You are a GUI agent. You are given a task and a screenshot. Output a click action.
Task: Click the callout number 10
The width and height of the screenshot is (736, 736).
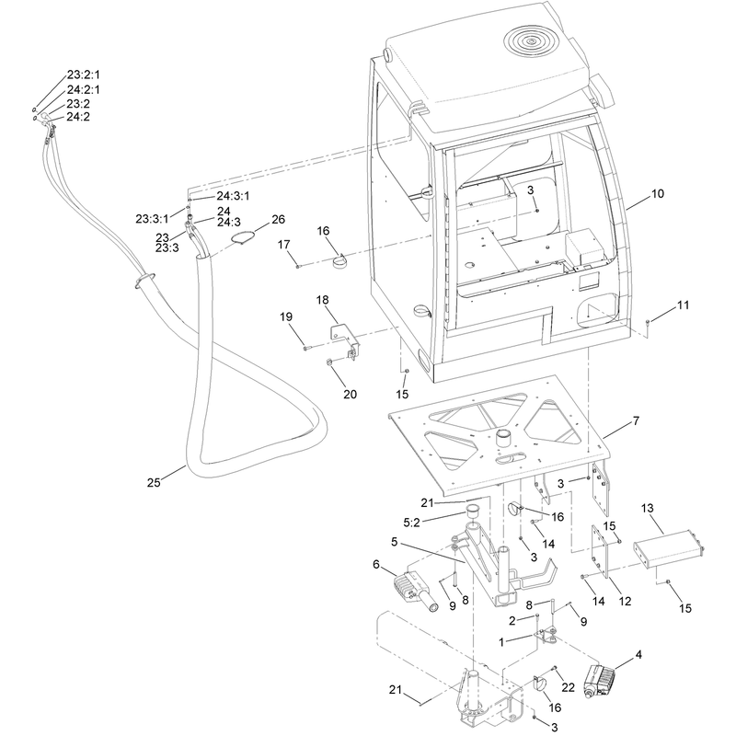pyautogui.click(x=658, y=193)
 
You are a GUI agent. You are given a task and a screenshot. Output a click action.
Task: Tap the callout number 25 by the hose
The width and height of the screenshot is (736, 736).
pyautogui.click(x=154, y=482)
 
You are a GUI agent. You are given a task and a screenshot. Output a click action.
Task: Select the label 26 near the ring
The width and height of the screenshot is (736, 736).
pyautogui.click(x=279, y=219)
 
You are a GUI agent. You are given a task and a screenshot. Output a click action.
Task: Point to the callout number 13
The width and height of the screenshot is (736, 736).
pyautogui.click(x=648, y=509)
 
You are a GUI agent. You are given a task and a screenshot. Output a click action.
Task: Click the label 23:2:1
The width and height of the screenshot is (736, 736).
pyautogui.click(x=83, y=75)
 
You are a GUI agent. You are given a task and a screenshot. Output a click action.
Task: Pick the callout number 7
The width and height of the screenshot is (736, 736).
pyautogui.click(x=636, y=421)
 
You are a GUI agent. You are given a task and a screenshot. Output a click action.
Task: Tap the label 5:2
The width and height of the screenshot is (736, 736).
pyautogui.click(x=411, y=523)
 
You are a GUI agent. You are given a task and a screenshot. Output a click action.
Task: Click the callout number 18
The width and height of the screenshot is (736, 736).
pyautogui.click(x=323, y=300)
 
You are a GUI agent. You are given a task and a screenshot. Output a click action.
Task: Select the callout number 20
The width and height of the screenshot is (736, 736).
pyautogui.click(x=351, y=395)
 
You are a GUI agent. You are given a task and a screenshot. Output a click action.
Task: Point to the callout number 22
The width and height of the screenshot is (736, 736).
pyautogui.click(x=568, y=687)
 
